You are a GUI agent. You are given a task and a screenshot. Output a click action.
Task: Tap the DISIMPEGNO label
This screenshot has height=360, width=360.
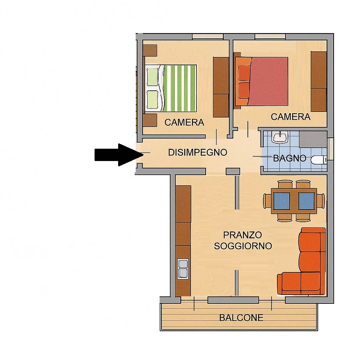[198, 153]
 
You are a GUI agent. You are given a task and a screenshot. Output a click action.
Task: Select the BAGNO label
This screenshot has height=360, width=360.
[290, 158]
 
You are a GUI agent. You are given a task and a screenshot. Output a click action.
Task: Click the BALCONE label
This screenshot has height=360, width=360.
[241, 318]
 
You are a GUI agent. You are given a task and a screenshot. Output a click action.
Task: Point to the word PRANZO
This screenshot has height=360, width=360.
[243, 235]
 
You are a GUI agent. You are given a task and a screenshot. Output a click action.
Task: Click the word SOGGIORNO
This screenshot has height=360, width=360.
[243, 246]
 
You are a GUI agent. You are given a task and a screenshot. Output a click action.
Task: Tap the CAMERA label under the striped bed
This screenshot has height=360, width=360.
[184, 122]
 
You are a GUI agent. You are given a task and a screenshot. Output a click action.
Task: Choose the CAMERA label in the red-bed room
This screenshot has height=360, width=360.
[291, 117]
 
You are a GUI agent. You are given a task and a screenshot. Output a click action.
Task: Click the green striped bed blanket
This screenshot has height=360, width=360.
[180, 88]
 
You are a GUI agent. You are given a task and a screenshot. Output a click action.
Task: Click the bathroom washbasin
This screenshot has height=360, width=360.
[279, 137]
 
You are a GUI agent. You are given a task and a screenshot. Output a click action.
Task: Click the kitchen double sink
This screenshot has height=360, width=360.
[183, 269]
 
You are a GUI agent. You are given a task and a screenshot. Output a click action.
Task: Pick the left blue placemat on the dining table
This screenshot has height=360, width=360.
[282, 201]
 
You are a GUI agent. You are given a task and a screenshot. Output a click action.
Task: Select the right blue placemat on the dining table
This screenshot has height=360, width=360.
[306, 201]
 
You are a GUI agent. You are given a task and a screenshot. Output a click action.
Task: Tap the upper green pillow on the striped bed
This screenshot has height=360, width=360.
[152, 77]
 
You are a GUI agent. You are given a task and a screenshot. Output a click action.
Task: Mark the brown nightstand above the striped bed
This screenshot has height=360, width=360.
[150, 50]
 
